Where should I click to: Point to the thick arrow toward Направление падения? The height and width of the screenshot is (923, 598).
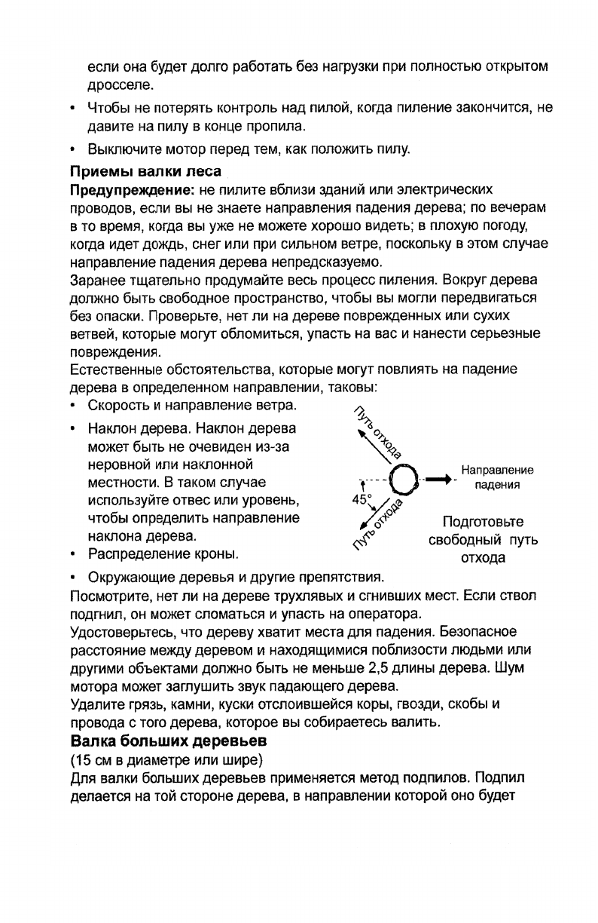coord(441,478)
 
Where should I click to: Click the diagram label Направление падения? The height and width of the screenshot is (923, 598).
coord(497,477)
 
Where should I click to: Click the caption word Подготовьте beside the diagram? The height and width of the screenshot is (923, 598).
coord(483,522)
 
